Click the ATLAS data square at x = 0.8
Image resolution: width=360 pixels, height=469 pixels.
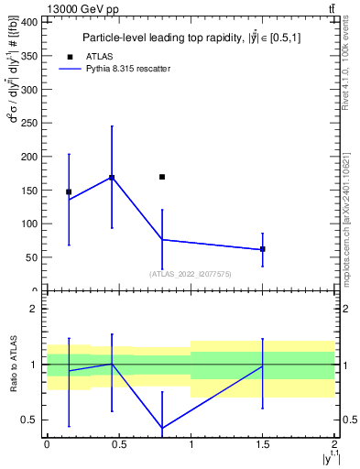[x=162, y=177]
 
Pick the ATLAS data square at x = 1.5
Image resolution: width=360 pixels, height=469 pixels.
[x=263, y=249]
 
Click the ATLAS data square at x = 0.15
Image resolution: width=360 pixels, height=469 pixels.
[x=69, y=191]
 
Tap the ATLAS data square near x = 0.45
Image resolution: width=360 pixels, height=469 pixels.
[x=112, y=178]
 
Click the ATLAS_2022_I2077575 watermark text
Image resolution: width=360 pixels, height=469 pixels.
[x=190, y=273]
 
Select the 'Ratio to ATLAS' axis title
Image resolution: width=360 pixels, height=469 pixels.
[x=12, y=364]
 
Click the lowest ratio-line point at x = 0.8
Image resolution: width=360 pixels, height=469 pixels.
[x=162, y=428]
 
